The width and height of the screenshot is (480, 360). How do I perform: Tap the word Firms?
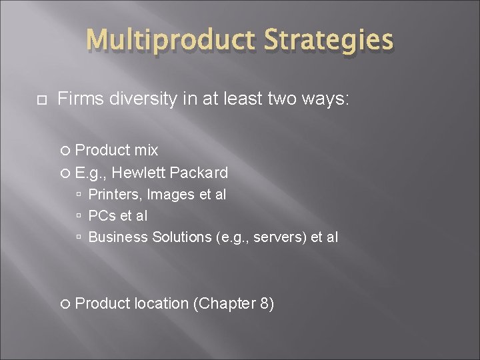coord(78,100)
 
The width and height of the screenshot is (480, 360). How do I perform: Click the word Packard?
coord(199,173)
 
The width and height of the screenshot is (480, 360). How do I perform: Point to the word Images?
coord(160,195)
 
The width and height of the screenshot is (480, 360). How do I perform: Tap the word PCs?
coord(100,216)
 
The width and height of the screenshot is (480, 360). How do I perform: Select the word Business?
coord(118,237)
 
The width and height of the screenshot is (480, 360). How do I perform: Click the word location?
coord(161,303)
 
